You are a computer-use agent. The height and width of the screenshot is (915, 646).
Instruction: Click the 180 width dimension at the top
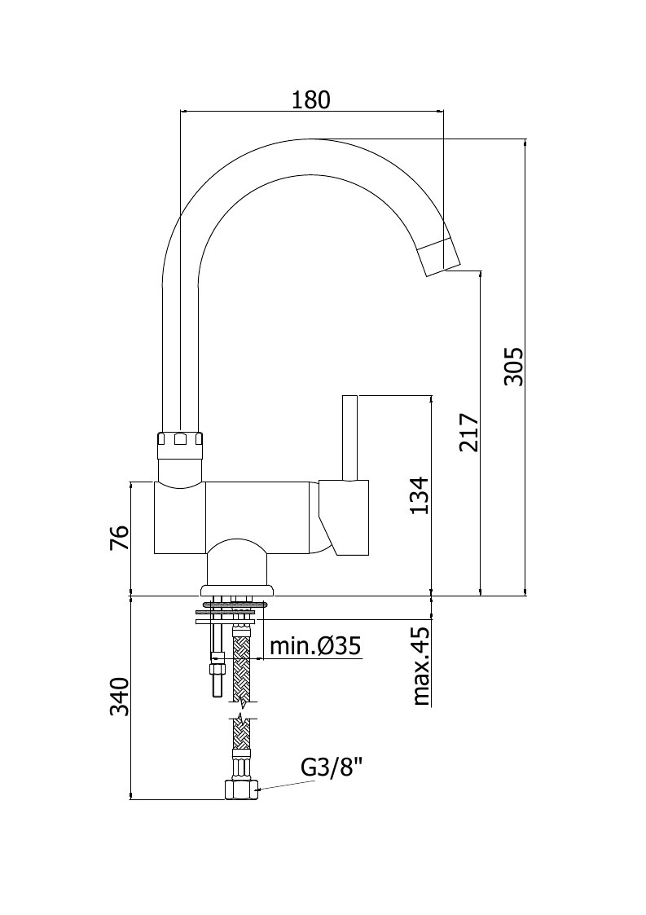310,99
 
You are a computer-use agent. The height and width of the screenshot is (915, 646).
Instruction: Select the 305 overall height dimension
514,367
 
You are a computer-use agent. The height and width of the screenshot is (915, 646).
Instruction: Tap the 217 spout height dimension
468,433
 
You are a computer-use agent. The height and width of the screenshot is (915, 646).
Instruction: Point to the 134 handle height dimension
419,495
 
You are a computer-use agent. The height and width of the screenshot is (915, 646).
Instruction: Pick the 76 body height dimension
118,538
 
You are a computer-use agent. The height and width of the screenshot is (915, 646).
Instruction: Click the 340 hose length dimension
119,696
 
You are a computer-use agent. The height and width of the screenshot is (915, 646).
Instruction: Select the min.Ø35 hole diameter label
315,646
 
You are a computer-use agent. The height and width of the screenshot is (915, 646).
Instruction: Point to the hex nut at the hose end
242,790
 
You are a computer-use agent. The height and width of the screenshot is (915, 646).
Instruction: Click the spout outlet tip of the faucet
442,258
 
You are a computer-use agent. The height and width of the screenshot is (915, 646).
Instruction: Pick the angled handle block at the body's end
344,517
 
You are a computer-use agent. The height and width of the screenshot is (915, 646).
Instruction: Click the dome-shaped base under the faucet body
238,567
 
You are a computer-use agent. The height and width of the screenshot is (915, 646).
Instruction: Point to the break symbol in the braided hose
242,710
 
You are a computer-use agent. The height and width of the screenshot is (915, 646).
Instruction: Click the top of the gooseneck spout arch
310,141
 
